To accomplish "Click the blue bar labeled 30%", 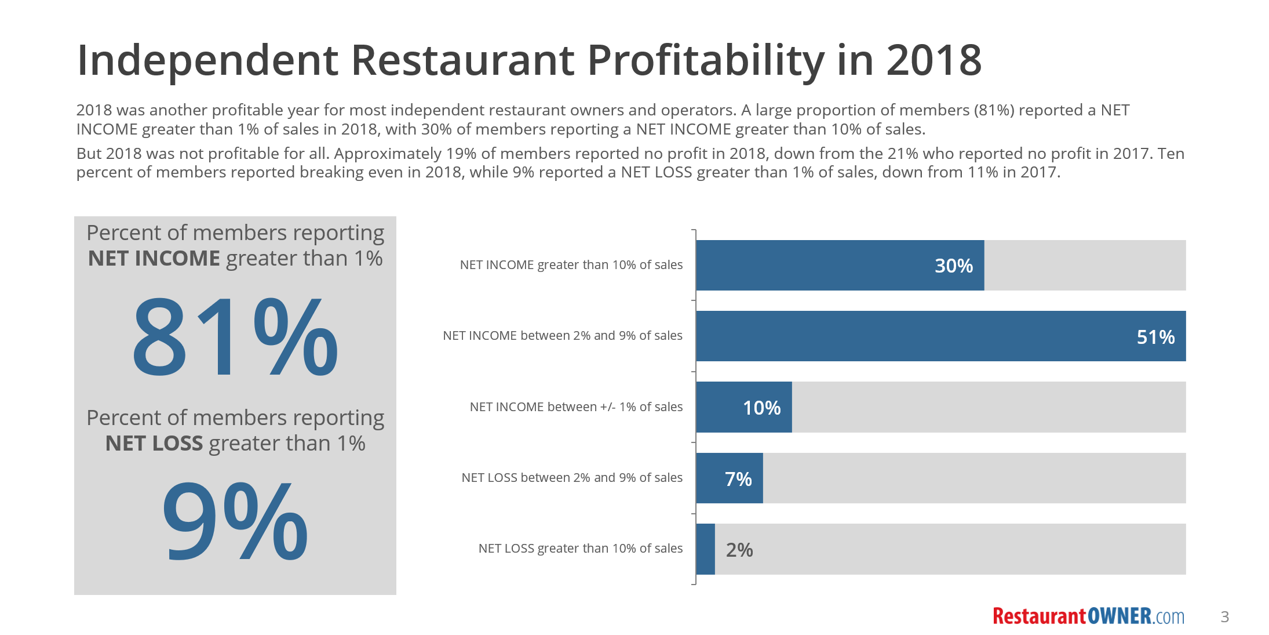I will click(x=840, y=265).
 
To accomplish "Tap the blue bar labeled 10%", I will click(x=743, y=407).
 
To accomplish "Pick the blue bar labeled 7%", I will click(x=729, y=478).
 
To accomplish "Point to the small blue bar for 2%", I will click(x=705, y=549).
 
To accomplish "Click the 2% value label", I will click(x=739, y=550).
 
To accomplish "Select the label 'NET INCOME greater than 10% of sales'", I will click(x=571, y=265).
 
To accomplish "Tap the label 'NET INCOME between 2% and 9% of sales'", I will click(x=562, y=336).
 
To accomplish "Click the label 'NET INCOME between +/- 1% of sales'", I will click(x=576, y=407).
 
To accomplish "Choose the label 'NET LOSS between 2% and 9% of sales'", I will click(x=571, y=478).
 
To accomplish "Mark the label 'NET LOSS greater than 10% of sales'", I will click(x=580, y=549).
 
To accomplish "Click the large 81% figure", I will click(x=235, y=336).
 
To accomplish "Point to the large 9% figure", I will click(x=235, y=521).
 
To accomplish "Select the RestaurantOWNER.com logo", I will click(x=1088, y=616).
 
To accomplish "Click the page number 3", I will click(x=1224, y=616).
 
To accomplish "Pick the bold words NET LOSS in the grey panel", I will click(x=154, y=444).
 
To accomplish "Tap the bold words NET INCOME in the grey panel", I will click(x=154, y=259).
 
